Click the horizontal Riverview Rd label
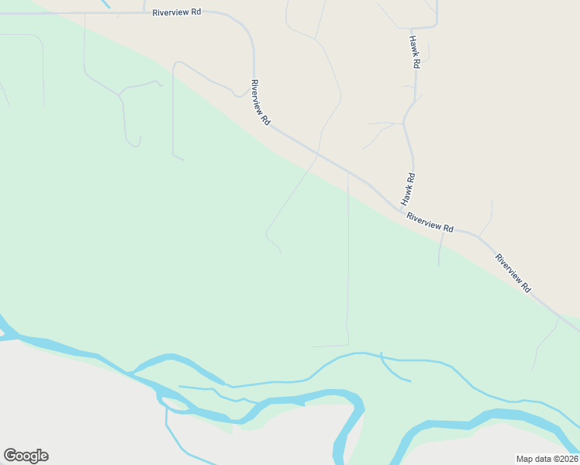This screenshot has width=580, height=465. (x=177, y=13)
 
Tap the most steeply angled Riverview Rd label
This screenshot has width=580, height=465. (x=261, y=102)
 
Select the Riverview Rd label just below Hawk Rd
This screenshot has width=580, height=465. (x=430, y=223)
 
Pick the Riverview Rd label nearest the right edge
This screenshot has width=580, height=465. (x=513, y=273)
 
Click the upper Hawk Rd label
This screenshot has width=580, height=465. (x=415, y=53)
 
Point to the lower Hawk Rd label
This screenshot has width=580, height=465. (x=408, y=188)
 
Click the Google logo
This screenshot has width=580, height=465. (x=26, y=456)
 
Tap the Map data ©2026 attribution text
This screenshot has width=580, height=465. (x=547, y=459)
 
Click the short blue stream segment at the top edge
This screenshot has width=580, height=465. (x=105, y=4)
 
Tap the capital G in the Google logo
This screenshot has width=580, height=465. (x=10, y=456)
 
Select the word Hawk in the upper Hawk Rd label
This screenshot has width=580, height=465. (x=414, y=46)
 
